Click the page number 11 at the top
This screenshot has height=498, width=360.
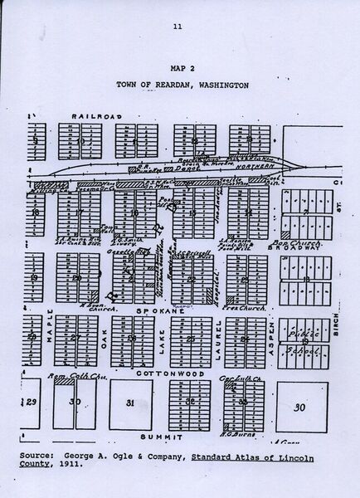tap(178, 27)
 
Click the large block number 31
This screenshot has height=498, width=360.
tap(130, 403)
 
